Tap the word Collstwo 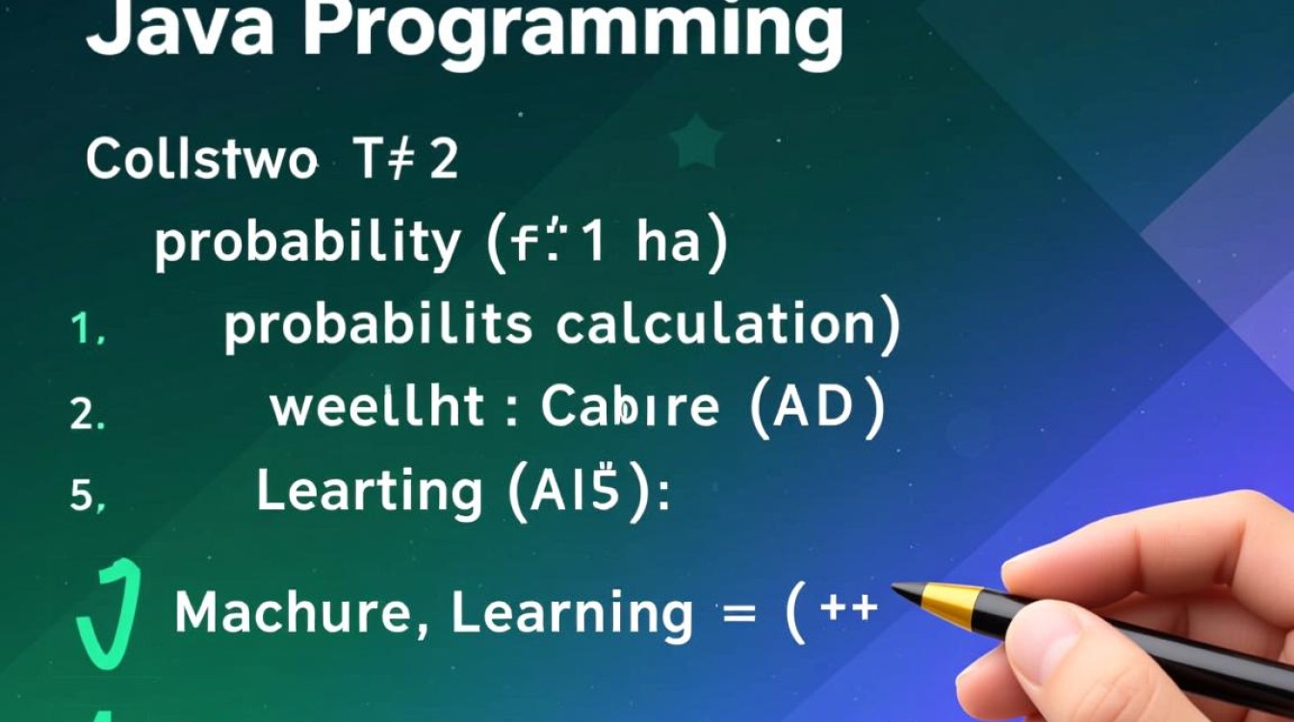[x=200, y=160]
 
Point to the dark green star [x=696, y=142]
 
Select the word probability [x=307, y=245]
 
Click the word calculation [x=716, y=325]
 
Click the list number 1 [x=88, y=331]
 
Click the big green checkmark [x=109, y=614]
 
